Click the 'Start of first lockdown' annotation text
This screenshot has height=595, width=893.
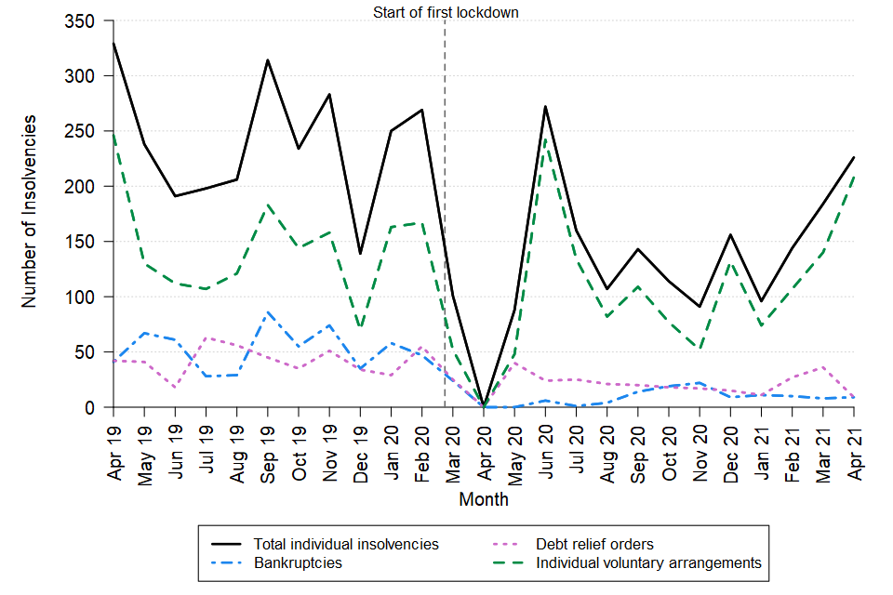pos(445,13)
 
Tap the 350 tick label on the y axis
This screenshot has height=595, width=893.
pos(82,21)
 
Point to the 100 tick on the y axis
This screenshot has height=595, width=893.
pos(82,297)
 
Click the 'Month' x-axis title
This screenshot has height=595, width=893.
pos(484,500)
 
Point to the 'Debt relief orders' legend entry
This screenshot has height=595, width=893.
pos(593,544)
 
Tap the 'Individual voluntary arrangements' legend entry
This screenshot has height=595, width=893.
pos(648,562)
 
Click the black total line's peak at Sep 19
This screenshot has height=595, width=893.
pos(268,60)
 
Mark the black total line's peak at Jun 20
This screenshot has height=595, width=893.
pos(545,107)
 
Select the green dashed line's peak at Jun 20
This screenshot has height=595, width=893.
pos(545,138)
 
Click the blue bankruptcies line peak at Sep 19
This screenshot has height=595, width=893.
pos(268,312)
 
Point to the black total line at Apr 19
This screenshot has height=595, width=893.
pos(113,43)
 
